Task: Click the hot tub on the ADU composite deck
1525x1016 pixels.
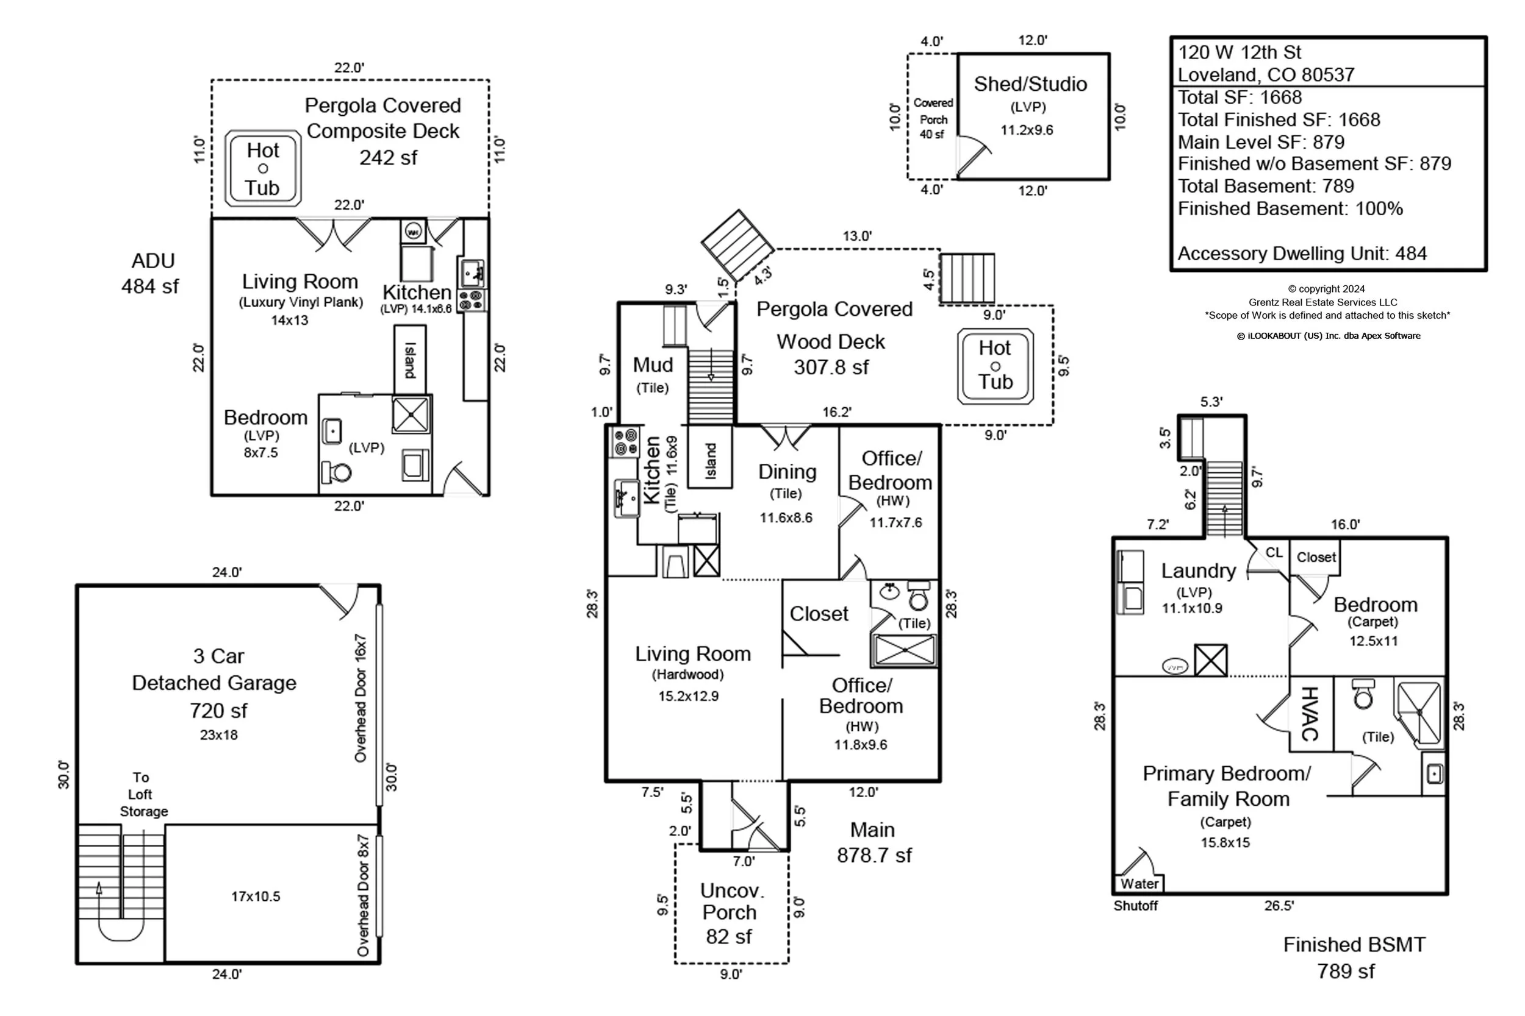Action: tap(262, 168)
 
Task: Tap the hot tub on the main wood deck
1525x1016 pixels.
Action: tap(996, 366)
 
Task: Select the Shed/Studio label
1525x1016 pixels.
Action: tap(1030, 84)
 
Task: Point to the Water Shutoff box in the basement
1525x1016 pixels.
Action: tap(1139, 883)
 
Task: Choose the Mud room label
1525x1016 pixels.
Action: tap(653, 365)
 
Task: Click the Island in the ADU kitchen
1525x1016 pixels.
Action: tap(410, 360)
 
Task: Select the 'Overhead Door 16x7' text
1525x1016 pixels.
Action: tap(361, 698)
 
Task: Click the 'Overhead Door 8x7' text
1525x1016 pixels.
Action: tap(363, 895)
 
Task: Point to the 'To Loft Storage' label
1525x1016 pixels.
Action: tap(142, 794)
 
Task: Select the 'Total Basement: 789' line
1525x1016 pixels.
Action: tap(1266, 186)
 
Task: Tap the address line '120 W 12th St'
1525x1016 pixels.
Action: tap(1239, 52)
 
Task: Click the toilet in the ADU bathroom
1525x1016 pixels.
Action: tap(337, 472)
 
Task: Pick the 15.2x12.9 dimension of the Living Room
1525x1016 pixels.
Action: tap(689, 697)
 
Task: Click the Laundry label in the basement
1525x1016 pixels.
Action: tap(1198, 571)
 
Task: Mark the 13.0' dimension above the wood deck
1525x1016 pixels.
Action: tap(857, 236)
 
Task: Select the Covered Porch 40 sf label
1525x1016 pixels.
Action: tap(933, 119)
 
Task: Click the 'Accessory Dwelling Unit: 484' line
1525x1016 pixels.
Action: tap(1302, 254)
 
